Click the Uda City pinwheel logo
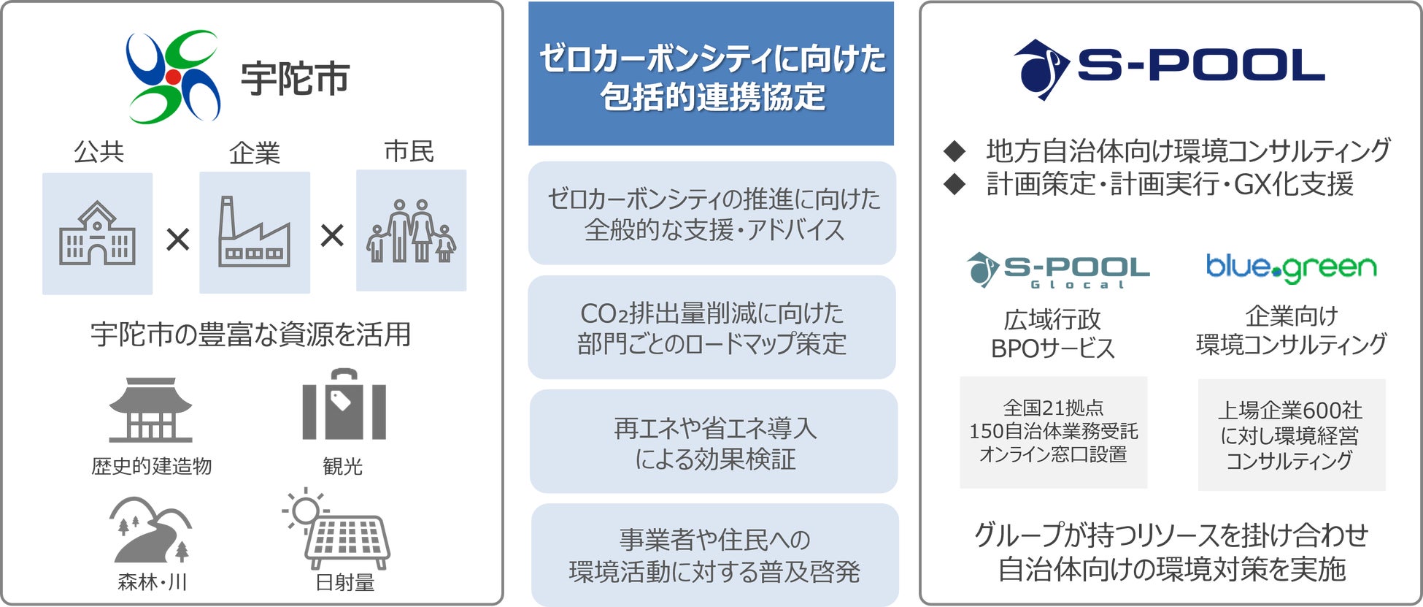pyautogui.click(x=173, y=77)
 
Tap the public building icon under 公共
pyautogui.click(x=97, y=234)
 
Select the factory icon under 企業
pyautogui.click(x=254, y=232)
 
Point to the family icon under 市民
pyautogui.click(x=411, y=231)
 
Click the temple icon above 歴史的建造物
pyautogui.click(x=150, y=410)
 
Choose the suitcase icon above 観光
pyautogui.click(x=344, y=405)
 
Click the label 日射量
pyautogui.click(x=344, y=583)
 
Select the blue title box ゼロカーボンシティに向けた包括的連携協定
pyautogui.click(x=711, y=74)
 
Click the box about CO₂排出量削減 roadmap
pyautogui.click(x=711, y=327)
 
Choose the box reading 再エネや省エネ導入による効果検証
pyautogui.click(x=713, y=442)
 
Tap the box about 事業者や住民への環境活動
pyautogui.click(x=714, y=555)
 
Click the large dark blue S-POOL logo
pyautogui.click(x=1169, y=69)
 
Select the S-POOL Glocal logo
pyautogui.click(x=1057, y=270)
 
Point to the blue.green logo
pyautogui.click(x=1291, y=268)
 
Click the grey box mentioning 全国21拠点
pyautogui.click(x=1053, y=432)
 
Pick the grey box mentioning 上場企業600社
pyautogui.click(x=1291, y=435)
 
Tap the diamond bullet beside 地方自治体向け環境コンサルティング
pyautogui.click(x=955, y=151)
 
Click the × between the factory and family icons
pyautogui.click(x=332, y=235)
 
